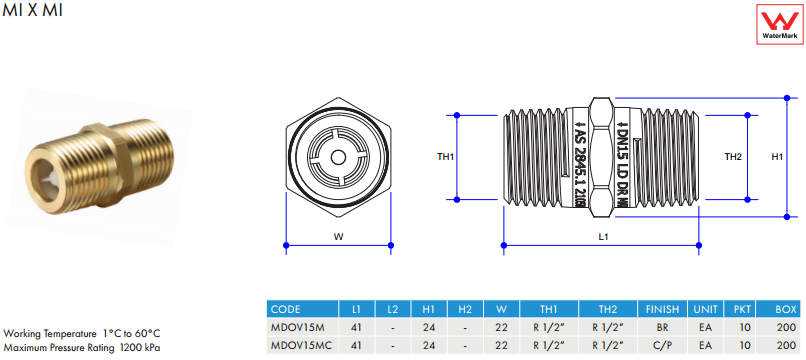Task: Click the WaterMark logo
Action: (x=780, y=24)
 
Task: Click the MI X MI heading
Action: (x=32, y=10)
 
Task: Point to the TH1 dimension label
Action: (x=446, y=157)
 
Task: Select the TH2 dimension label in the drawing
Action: (x=732, y=157)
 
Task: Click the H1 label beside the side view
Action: (x=777, y=157)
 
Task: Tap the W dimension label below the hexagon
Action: (x=338, y=237)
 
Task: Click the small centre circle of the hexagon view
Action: (x=338, y=156)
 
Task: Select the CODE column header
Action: (x=285, y=310)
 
